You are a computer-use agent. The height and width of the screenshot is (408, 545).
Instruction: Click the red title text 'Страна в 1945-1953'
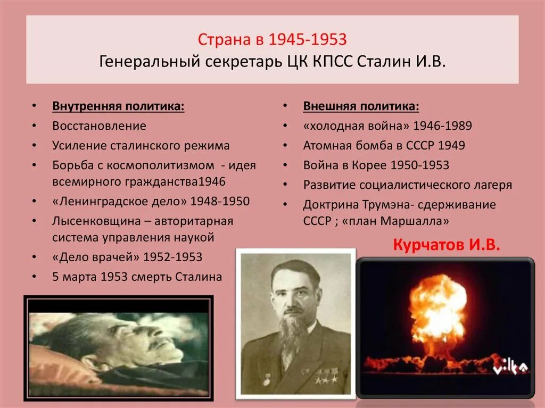pos(272,40)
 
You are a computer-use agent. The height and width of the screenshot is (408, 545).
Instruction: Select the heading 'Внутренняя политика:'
pos(118,106)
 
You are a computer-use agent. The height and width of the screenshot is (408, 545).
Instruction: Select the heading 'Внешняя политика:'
pos(361,106)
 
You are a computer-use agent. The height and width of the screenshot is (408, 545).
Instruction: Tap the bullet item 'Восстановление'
pos(99,126)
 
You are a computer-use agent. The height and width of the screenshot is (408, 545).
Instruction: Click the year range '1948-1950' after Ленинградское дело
pos(220,202)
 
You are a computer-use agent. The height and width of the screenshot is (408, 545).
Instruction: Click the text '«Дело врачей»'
pos(96,257)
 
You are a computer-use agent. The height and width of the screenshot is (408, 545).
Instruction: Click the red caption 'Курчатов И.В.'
pos(447,245)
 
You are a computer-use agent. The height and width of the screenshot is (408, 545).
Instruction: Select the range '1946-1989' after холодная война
pos(442,126)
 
